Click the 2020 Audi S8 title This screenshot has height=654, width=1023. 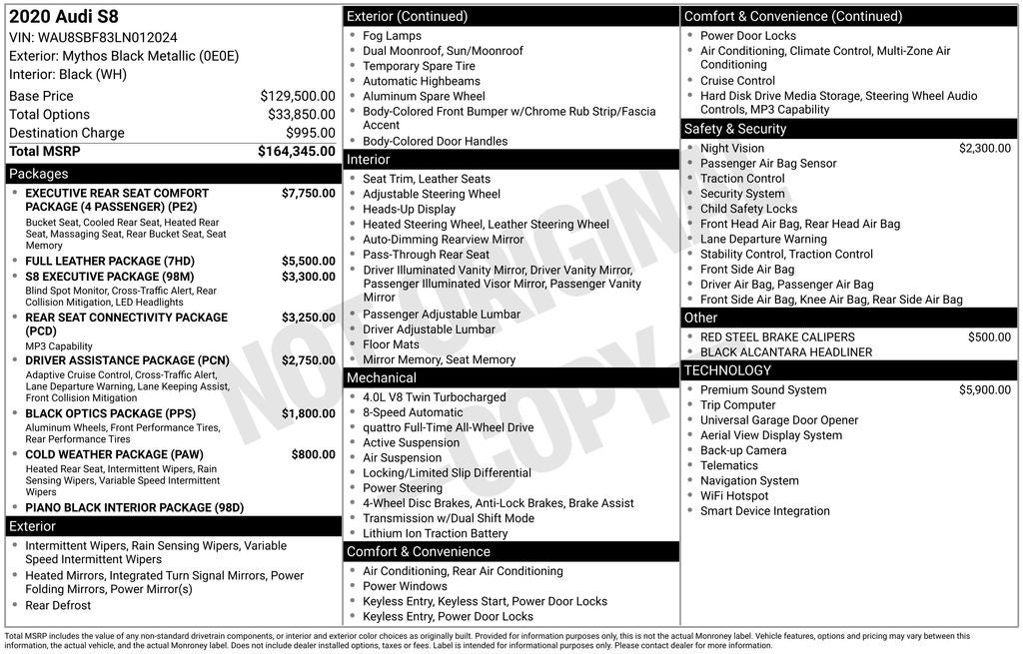click(x=63, y=17)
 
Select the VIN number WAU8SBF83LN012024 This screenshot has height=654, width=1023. click(x=93, y=37)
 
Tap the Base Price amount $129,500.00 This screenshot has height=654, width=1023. click(x=297, y=96)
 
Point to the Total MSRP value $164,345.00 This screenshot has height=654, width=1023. click(x=296, y=152)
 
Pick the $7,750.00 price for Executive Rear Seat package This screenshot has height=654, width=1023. click(x=308, y=193)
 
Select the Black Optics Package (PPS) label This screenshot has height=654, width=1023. click(x=110, y=413)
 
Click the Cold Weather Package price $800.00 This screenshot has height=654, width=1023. click(x=313, y=454)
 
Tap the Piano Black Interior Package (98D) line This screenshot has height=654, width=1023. click(x=134, y=507)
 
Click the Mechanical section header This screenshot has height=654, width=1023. click(x=381, y=377)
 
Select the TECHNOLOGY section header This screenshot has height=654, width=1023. click(x=727, y=370)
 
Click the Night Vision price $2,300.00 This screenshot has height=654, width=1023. click(x=984, y=148)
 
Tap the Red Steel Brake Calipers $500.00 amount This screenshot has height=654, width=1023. click(x=988, y=336)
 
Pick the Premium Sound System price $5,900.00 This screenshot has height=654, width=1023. click(x=984, y=389)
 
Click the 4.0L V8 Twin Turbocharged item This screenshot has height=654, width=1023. click(x=434, y=397)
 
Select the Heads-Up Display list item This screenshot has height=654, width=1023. click(x=409, y=209)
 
